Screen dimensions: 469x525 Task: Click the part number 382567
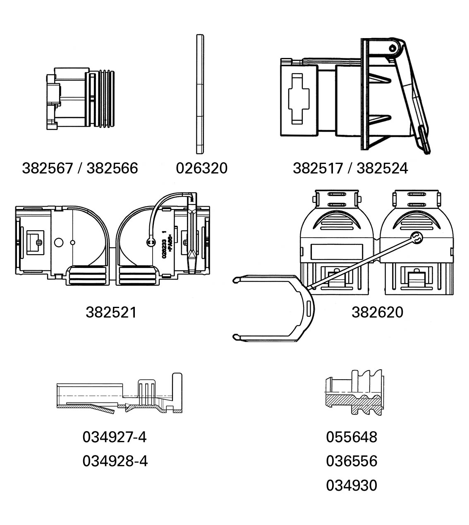point(48,169)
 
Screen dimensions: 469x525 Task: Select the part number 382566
point(112,169)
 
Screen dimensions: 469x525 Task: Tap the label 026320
point(202,168)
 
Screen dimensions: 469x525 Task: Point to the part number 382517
point(318,169)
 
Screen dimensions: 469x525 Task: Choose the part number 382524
point(382,169)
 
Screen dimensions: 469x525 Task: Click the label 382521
point(111,313)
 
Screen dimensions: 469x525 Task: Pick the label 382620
point(377,312)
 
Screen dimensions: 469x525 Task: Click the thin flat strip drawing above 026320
point(200,94)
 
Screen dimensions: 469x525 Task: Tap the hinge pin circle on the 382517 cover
point(392,48)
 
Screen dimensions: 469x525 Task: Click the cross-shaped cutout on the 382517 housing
point(299,99)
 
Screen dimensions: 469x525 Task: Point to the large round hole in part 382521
point(59,243)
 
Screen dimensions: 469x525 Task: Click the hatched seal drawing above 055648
point(354,393)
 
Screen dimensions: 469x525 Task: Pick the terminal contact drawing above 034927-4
point(120,393)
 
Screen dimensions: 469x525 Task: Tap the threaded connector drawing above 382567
point(81,99)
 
